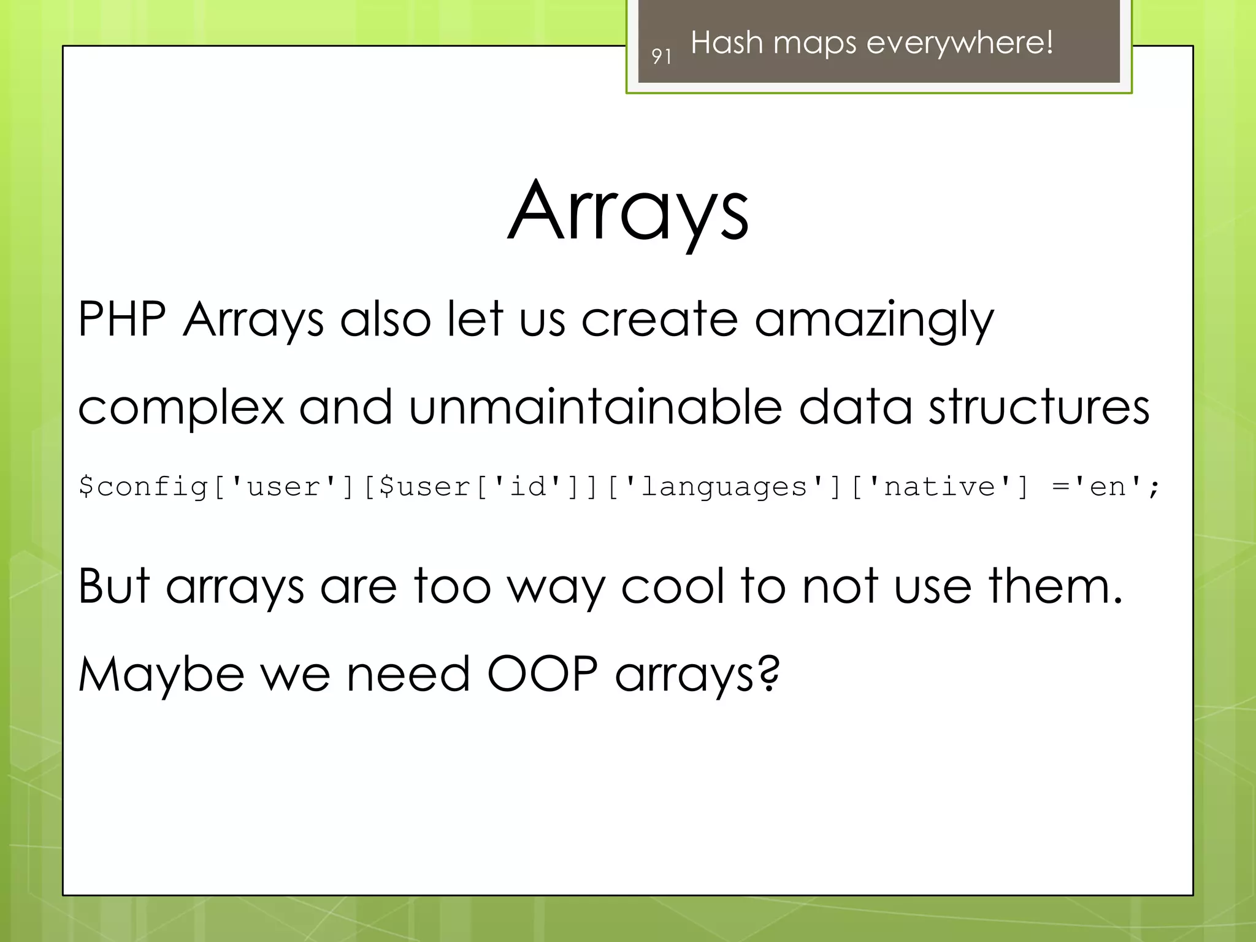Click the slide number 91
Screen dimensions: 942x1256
661,57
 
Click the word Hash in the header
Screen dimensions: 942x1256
727,43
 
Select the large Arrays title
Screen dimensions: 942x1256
628,212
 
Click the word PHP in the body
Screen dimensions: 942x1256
122,320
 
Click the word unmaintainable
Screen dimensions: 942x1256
595,407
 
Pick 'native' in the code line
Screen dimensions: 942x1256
939,487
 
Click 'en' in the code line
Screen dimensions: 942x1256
1108,487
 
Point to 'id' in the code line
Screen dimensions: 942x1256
527,487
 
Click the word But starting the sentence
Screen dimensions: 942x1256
114,586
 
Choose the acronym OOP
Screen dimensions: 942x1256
542,674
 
